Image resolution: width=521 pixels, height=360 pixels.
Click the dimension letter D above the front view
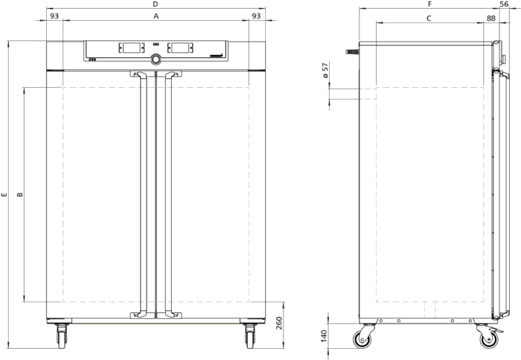[155, 4]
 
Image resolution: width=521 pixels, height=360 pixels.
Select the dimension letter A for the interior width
[156, 16]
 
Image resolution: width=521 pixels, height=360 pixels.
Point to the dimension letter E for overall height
[4, 194]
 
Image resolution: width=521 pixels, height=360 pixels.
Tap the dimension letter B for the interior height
[20, 194]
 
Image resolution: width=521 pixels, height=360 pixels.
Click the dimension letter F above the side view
[429, 4]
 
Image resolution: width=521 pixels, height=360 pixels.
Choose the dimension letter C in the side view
[429, 19]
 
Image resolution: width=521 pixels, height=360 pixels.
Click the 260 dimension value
[279, 323]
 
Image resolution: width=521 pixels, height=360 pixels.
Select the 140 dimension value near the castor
[325, 335]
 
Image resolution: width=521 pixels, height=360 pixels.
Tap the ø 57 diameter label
[326, 70]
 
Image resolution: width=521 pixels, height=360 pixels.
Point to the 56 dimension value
[504, 4]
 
